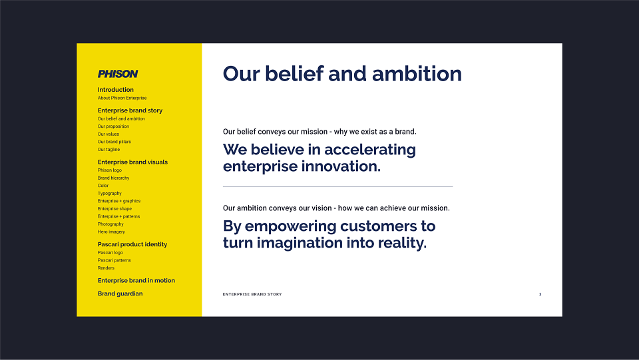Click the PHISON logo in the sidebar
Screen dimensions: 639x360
coord(118,74)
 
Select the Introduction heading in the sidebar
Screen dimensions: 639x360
coord(116,90)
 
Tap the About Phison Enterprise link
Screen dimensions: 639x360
coord(122,98)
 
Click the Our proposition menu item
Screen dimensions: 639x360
coord(113,126)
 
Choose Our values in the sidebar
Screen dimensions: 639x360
coord(108,134)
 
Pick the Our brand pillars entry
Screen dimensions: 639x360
coord(114,142)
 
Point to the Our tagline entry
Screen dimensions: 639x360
coord(108,150)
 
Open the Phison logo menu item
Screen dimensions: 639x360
coord(110,170)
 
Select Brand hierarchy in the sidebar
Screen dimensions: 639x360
coord(114,178)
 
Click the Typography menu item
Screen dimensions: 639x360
coord(110,194)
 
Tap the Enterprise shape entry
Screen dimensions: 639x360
coord(115,208)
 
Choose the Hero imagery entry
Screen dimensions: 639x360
coord(111,232)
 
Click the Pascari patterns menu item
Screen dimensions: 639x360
coord(114,260)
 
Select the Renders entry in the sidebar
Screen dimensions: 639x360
coord(106,268)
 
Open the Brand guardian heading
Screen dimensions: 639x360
coord(120,293)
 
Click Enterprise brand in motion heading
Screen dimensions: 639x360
coord(136,281)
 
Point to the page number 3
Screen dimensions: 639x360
coord(540,294)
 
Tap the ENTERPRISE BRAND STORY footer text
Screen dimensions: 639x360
coord(252,294)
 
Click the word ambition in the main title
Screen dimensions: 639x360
coord(417,74)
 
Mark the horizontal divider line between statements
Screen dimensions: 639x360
coord(338,186)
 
